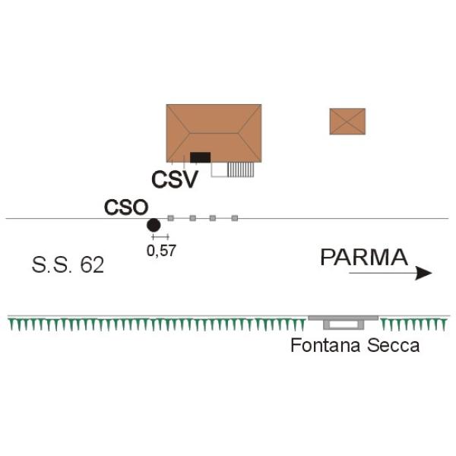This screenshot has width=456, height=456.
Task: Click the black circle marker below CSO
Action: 154,224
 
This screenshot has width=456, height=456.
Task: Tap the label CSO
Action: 125,206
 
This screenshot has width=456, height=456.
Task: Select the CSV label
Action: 175,180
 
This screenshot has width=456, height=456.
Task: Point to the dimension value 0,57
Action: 161,250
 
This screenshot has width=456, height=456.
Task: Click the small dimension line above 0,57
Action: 160,237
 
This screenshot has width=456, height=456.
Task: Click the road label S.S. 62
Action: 68,266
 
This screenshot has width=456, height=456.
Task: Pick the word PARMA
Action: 364,257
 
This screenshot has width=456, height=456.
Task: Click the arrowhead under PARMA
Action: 423,274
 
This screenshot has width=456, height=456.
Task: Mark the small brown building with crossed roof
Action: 347,121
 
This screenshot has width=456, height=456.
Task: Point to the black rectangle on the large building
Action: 200,157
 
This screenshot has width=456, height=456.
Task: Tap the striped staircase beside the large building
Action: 241,169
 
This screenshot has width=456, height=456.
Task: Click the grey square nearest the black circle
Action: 171,219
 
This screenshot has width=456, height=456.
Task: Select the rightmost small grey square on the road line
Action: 235,219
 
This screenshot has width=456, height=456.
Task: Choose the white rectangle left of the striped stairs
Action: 219,170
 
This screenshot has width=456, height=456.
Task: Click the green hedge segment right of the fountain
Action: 410,325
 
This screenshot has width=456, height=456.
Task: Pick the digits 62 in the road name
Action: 91,266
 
